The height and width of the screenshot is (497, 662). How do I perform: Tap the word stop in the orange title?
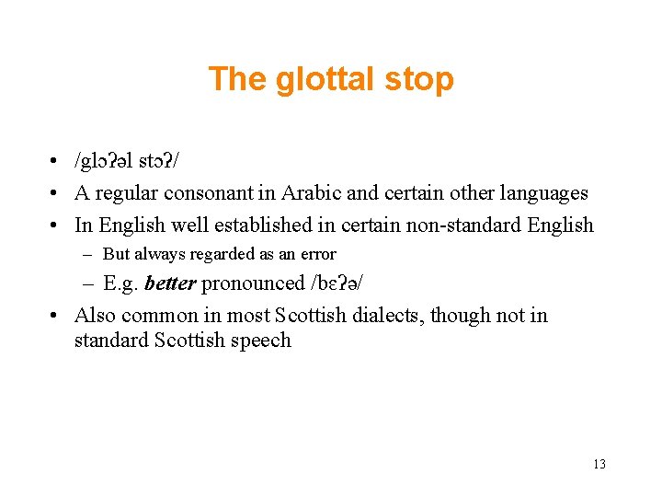(419, 79)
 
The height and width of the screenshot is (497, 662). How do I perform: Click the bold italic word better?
(170, 283)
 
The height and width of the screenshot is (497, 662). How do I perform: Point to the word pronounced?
(253, 283)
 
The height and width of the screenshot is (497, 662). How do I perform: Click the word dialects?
(379, 315)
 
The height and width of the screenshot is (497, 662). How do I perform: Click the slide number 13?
(599, 464)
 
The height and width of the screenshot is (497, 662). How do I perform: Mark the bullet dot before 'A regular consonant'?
(57, 194)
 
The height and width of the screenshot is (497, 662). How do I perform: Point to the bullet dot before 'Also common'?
(57, 316)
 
